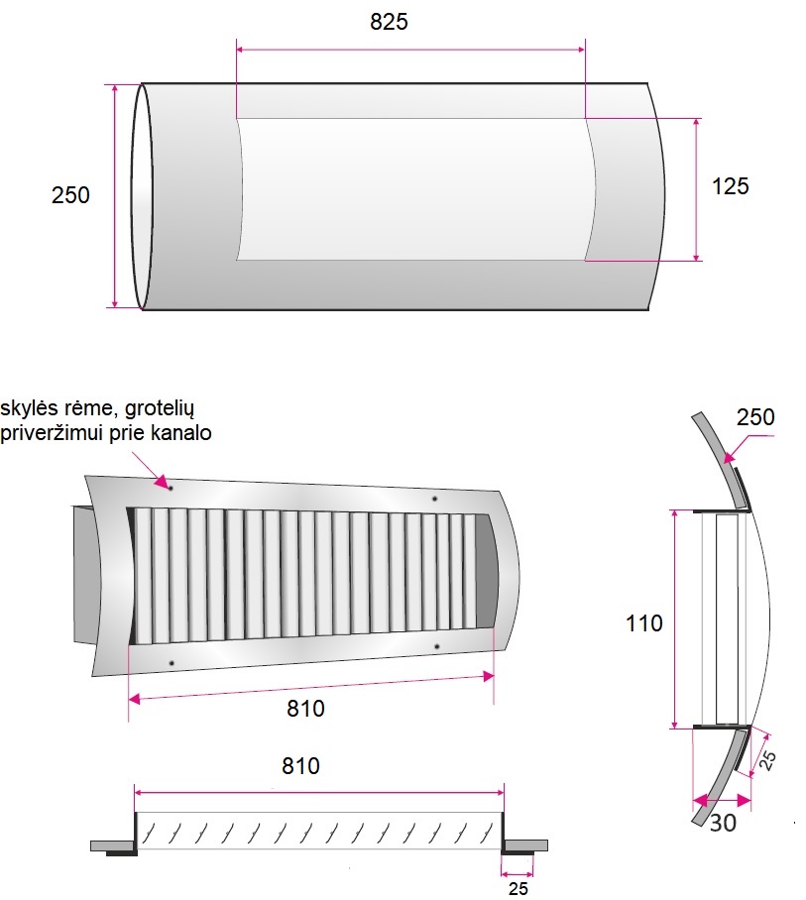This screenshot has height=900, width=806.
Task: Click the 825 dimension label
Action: point(389,22)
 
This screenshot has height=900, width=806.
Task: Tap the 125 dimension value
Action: point(731,186)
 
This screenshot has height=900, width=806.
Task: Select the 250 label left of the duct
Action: point(70,195)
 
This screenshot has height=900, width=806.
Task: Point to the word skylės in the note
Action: point(29,408)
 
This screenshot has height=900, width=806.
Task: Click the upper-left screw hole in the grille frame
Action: point(171,488)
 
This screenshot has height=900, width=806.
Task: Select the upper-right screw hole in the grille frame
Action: point(434,499)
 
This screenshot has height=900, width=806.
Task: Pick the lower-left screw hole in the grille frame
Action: point(172,663)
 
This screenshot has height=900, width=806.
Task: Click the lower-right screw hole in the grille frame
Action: point(437,647)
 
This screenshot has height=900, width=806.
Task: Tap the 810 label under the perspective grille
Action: point(305,709)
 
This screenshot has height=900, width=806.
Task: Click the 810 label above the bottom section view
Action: point(300,766)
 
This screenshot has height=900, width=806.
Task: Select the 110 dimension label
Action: point(644,623)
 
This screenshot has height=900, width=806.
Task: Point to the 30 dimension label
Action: point(723,823)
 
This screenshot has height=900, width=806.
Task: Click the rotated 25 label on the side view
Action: point(767,760)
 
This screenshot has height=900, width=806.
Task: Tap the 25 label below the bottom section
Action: point(518,888)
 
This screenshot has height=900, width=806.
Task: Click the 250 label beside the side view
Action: point(755,417)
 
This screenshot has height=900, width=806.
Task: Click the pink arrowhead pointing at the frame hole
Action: point(161,480)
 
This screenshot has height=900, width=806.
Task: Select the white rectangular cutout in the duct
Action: point(416,189)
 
